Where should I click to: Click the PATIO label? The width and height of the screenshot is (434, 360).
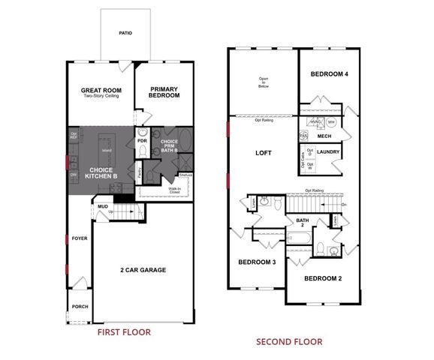[x=126, y=33]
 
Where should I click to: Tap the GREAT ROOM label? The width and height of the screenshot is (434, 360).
[x=101, y=91]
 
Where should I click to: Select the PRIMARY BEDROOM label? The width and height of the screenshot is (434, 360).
[x=163, y=91]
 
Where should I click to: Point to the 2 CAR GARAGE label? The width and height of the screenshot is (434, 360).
[x=143, y=269]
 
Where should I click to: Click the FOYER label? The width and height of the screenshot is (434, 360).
[x=80, y=238]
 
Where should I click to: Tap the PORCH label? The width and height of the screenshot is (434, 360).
[x=80, y=306]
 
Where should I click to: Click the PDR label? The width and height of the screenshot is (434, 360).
[x=141, y=140]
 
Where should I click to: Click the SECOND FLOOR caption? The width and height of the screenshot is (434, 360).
[x=288, y=341]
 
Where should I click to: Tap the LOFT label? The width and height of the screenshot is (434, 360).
[x=263, y=152]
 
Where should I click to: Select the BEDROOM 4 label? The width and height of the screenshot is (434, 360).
[x=328, y=73]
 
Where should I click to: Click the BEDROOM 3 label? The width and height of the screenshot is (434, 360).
[x=258, y=262]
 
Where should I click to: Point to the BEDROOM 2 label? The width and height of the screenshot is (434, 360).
[x=323, y=278]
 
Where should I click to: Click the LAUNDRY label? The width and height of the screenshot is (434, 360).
[x=329, y=152]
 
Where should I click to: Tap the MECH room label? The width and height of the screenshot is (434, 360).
[x=324, y=136]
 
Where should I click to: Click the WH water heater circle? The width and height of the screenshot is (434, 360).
[x=331, y=122]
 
